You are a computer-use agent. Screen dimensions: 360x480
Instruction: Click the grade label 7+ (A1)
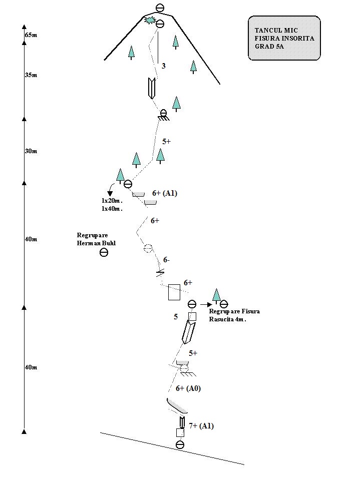(x=201, y=426)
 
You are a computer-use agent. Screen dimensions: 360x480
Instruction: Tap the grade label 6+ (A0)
(x=188, y=388)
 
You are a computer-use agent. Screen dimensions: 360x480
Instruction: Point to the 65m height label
(x=31, y=35)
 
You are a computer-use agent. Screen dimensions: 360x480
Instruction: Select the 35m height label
(x=31, y=75)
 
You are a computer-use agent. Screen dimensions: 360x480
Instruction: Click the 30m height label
(x=31, y=151)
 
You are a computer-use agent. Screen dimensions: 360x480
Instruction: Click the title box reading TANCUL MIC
(x=284, y=38)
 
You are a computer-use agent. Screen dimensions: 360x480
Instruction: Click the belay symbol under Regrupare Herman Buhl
(x=104, y=252)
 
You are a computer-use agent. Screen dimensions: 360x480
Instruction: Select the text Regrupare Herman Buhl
(x=96, y=239)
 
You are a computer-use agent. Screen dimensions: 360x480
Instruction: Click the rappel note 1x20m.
(x=112, y=201)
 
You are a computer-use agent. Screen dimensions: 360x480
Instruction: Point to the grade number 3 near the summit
(x=163, y=66)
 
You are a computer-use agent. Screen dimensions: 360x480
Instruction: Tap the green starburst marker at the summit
(x=150, y=21)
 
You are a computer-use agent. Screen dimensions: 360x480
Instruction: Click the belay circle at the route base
(x=180, y=444)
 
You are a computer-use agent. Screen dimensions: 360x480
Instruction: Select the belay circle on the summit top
(x=160, y=8)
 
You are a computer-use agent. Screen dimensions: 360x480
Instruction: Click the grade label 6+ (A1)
(x=165, y=193)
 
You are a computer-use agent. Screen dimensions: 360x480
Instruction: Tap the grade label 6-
(x=166, y=260)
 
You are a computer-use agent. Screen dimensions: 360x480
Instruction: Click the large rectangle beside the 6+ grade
(x=174, y=292)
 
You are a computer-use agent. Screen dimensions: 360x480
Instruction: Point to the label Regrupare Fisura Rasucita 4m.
(x=234, y=315)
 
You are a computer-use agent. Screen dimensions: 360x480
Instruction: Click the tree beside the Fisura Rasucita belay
(x=216, y=296)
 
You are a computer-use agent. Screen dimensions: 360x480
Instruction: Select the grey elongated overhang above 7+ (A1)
(x=177, y=405)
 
